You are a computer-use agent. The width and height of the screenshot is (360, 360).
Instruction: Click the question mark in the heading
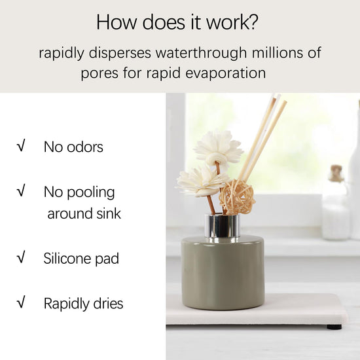pos(253,22)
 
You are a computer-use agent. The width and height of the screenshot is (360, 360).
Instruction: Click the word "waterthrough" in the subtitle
pos(201,52)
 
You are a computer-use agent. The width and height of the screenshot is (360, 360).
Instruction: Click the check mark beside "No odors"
pos(21,145)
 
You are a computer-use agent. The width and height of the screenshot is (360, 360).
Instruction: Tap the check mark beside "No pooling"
pos(21,190)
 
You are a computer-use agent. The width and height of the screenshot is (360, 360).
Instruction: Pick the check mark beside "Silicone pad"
pos(21,257)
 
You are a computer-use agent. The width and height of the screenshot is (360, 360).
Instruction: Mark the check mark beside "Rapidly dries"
pos(21,302)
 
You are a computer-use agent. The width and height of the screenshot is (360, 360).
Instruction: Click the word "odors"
pos(85,147)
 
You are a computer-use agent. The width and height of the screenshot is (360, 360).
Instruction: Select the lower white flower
pos(202,181)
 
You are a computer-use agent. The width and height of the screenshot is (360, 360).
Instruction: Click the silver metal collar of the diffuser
pos(223,226)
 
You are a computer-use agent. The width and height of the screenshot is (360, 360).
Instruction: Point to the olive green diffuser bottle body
pos(223,273)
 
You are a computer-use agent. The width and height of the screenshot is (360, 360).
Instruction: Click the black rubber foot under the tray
pos(334,327)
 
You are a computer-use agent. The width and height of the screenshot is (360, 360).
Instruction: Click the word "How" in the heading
pos(117,22)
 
